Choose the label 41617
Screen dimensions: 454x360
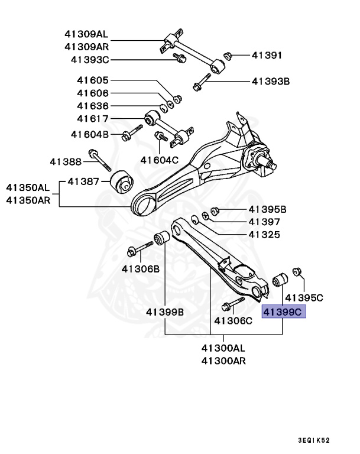click(92, 118)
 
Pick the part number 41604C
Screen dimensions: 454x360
click(159, 160)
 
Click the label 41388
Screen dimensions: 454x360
click(66, 161)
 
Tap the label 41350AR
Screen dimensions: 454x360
click(28, 200)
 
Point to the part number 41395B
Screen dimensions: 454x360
click(267, 209)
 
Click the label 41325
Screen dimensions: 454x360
click(264, 235)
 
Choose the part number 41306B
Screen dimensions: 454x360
click(141, 268)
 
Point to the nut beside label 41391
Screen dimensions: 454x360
click(226, 56)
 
